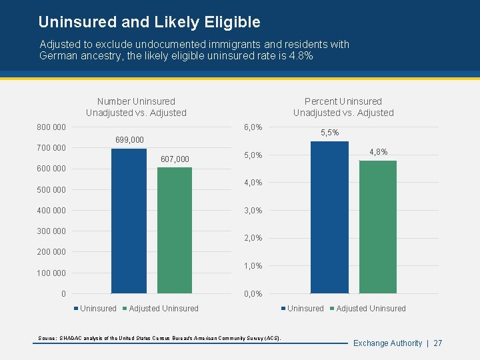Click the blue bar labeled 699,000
[x=129, y=221]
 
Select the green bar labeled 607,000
[x=175, y=230]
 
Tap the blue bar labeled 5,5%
[x=329, y=217]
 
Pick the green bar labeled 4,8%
[x=378, y=227]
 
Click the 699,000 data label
[x=129, y=140]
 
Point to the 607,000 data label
[x=175, y=159]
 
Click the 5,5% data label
[x=329, y=133]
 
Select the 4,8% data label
[x=378, y=152]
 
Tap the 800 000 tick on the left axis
[x=51, y=127]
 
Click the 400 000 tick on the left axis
[x=51, y=211]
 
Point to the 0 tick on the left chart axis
[x=63, y=294]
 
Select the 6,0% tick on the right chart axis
[x=253, y=127]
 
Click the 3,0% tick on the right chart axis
[x=253, y=211]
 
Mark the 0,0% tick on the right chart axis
[x=253, y=294]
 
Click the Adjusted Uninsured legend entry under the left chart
[x=163, y=309]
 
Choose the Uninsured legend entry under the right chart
[x=305, y=309]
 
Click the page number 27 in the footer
[x=437, y=343]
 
